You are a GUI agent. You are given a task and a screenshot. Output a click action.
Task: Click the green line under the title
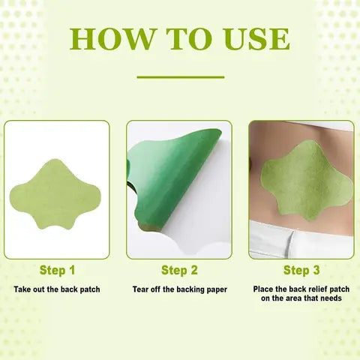pyautogui.click(x=180, y=76)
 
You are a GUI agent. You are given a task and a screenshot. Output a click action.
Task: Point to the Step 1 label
pyautogui.click(x=57, y=269)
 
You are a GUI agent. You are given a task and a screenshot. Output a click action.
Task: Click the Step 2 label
pyautogui.click(x=180, y=269)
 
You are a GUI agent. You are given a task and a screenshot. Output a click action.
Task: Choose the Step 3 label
pyautogui.click(x=301, y=269)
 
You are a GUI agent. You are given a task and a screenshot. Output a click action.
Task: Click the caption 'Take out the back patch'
pyautogui.click(x=57, y=289)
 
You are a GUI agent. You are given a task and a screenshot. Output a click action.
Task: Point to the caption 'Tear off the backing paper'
pyautogui.click(x=179, y=289)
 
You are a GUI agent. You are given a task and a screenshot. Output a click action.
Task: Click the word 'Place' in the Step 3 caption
pyautogui.click(x=265, y=289)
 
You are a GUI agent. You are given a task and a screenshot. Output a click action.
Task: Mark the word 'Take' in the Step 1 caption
pyautogui.click(x=22, y=289)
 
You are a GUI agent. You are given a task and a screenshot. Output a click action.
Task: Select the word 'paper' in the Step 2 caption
pyautogui.click(x=214, y=289)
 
